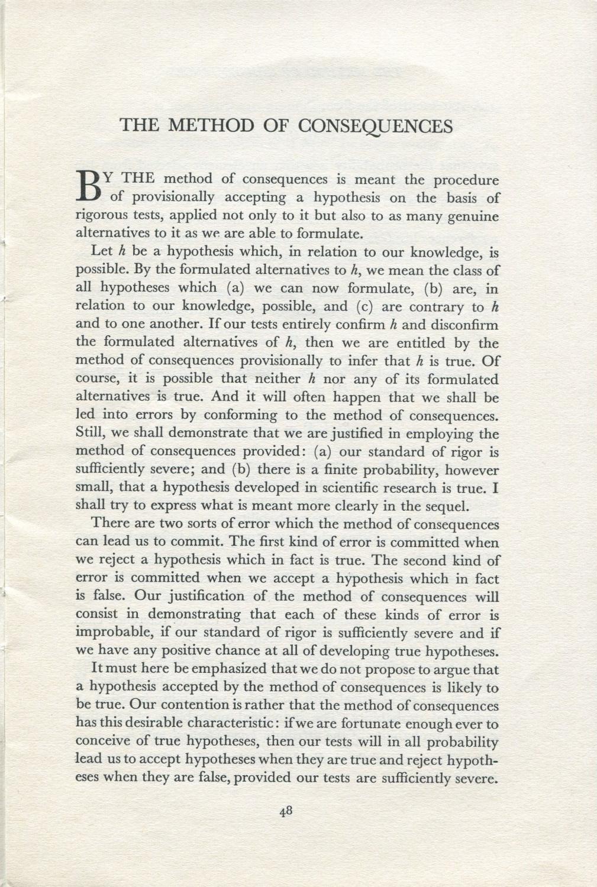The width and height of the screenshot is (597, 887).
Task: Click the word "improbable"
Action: pyautogui.click(x=114, y=633)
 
